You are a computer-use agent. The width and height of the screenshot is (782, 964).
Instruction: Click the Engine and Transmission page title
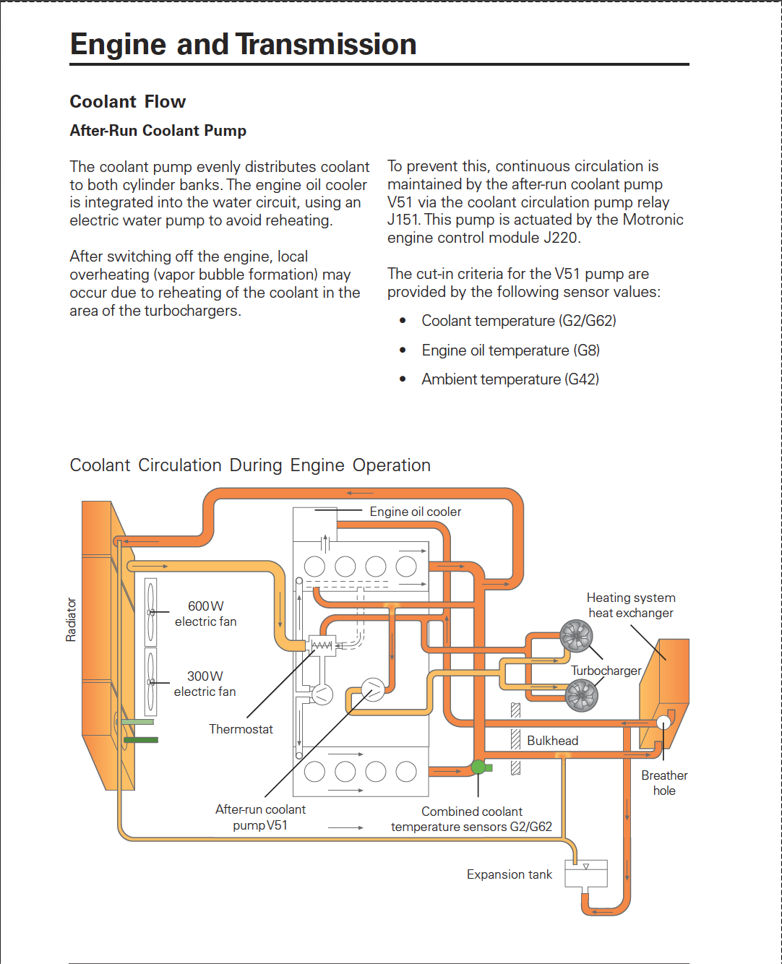243,44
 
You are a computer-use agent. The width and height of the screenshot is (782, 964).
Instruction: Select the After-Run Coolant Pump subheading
158,130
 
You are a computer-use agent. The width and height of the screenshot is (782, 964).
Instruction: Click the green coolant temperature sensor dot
478,767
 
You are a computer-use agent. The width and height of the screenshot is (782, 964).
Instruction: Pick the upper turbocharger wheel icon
576,636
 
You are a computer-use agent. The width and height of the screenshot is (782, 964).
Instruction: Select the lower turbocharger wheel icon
582,696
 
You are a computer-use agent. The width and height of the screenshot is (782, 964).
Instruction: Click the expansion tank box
586,873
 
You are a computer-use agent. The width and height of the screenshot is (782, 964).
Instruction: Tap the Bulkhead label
553,741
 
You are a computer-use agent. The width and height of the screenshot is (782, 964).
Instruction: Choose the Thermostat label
241,729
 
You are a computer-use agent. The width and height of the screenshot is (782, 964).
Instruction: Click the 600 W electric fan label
205,614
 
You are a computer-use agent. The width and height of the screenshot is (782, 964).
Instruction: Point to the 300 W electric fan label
205,684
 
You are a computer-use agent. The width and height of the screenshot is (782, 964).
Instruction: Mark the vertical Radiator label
71,619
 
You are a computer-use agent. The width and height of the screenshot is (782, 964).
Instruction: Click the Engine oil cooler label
416,512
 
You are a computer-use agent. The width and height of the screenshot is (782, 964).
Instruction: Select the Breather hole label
664,783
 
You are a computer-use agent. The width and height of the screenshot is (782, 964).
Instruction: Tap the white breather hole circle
663,722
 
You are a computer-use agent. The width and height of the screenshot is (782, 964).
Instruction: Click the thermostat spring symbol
322,645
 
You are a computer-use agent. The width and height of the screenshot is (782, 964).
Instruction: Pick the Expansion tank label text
510,874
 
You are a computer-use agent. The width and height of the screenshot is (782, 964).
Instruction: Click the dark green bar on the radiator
141,740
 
